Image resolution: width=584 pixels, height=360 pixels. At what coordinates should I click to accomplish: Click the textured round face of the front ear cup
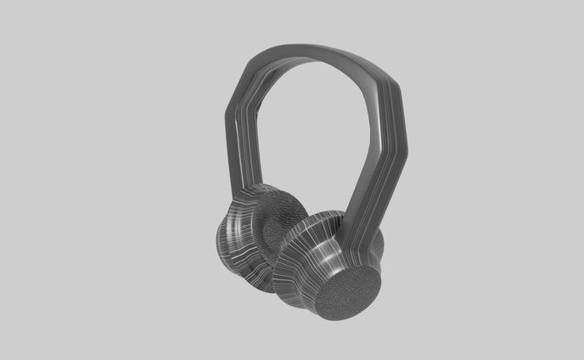coord(349,294)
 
